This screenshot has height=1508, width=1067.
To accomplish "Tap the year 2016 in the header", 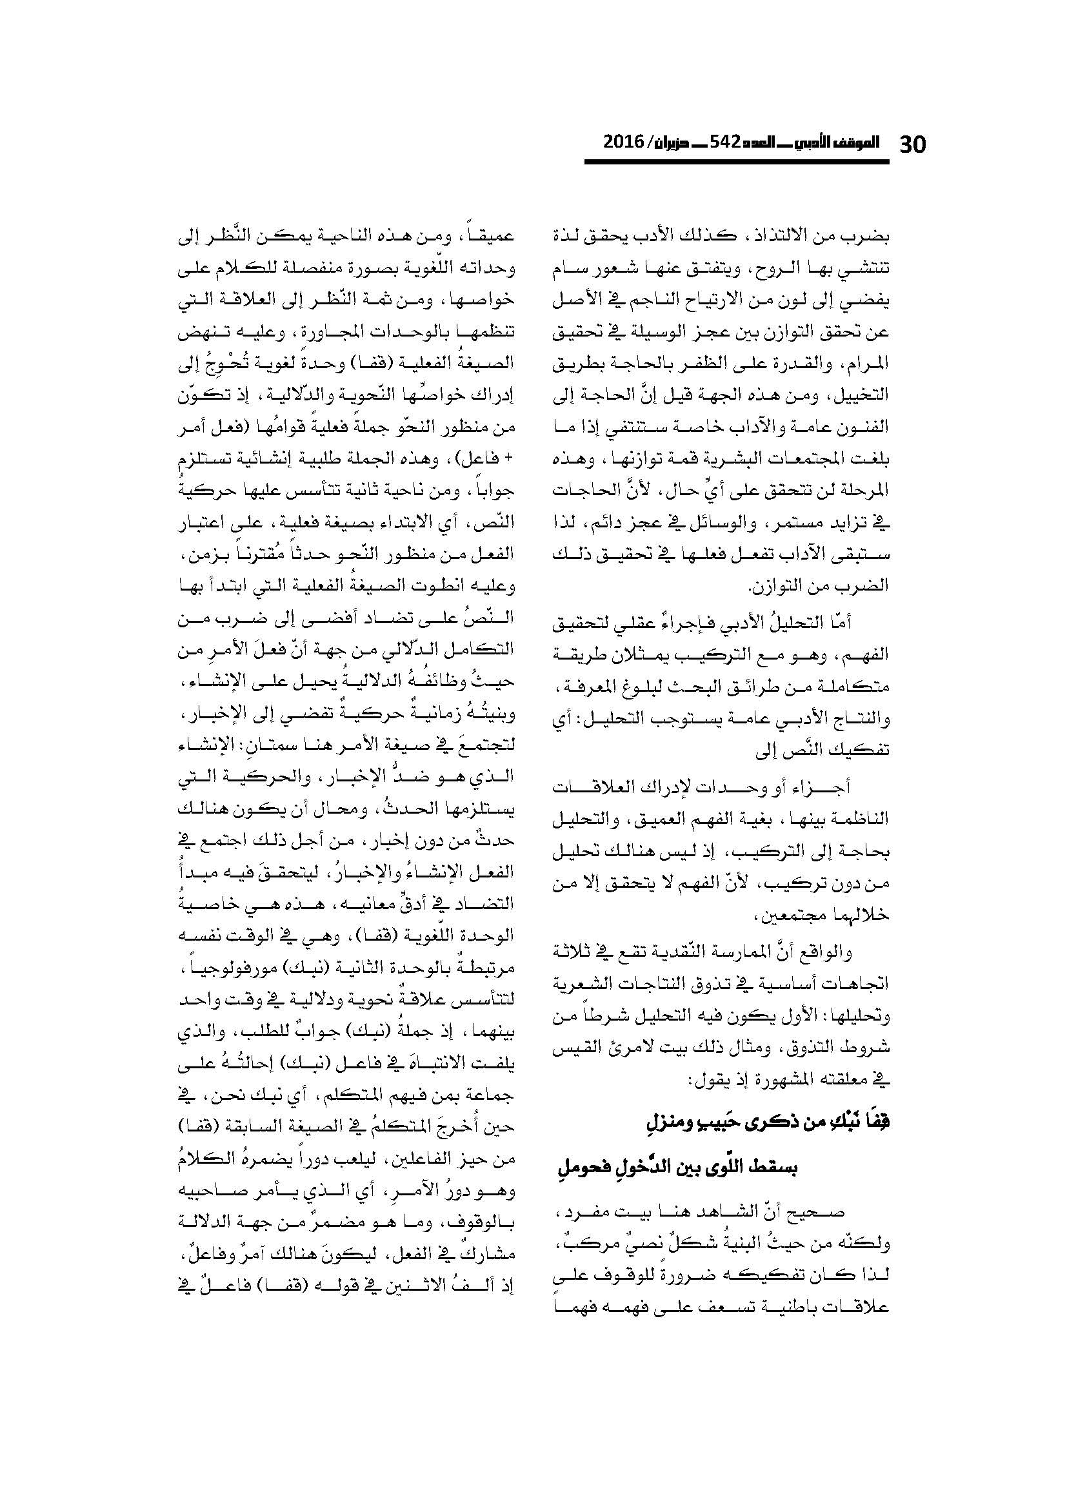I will coord(625,142).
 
